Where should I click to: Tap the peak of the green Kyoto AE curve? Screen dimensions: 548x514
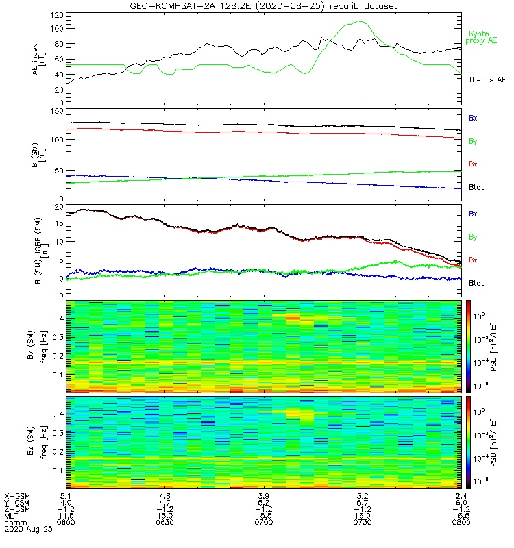[359, 21]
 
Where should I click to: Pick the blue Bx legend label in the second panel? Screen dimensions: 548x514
[473, 118]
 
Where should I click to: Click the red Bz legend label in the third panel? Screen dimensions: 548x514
[473, 260]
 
